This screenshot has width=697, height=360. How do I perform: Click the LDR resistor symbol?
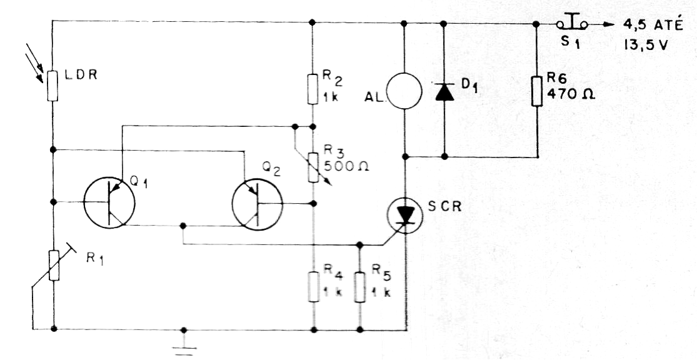click(53, 86)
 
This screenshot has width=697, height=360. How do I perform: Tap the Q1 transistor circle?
click(109, 202)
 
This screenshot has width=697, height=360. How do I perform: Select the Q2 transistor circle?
click(258, 204)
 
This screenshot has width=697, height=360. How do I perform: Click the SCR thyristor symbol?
click(405, 215)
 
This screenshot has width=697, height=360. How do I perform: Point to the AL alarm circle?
click(404, 91)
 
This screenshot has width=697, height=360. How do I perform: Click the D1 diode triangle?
click(444, 91)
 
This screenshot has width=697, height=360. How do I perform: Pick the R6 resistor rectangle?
click(536, 91)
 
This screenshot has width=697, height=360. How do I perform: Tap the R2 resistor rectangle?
click(313, 89)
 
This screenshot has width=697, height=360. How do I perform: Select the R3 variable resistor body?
click(313, 167)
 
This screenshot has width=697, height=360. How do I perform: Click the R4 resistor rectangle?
click(314, 287)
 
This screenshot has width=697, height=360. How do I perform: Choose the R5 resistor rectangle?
click(359, 287)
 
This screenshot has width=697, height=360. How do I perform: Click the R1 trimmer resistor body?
click(54, 266)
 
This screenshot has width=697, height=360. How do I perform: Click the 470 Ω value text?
click(571, 94)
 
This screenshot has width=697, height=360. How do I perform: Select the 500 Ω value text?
click(346, 166)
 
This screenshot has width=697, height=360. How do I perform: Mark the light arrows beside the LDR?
click(34, 62)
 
